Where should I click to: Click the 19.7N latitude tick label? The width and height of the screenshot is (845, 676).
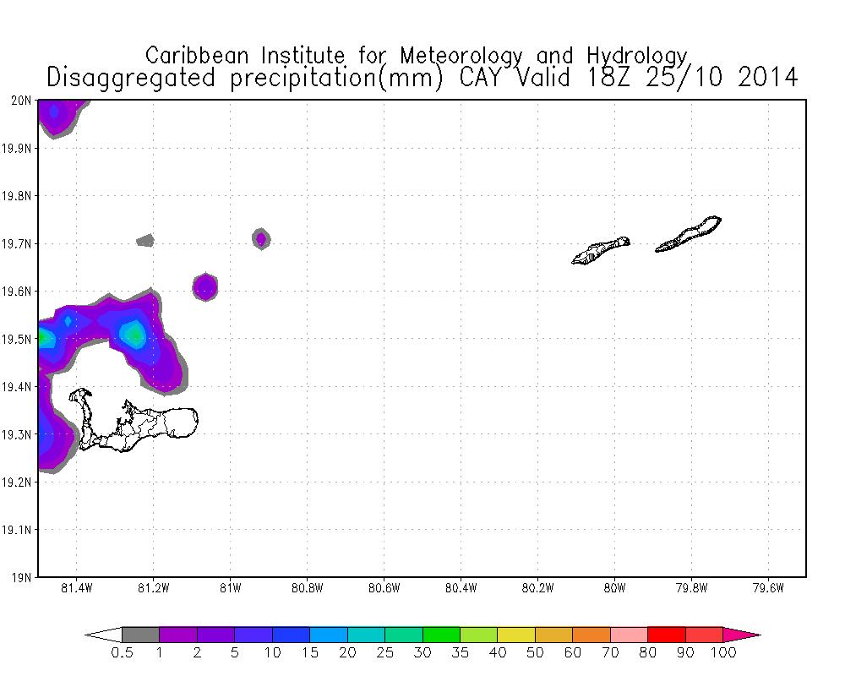[19, 244]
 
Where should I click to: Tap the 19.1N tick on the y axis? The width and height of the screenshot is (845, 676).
[19, 531]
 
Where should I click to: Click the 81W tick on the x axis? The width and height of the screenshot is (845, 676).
[230, 589]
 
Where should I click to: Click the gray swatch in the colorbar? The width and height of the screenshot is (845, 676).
[140, 635]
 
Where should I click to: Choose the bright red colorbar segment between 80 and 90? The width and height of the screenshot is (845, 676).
[666, 635]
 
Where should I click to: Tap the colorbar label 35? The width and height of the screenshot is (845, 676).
[460, 653]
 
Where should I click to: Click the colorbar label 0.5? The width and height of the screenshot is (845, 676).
[122, 653]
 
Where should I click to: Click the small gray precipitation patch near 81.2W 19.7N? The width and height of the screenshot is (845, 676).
[145, 241]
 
